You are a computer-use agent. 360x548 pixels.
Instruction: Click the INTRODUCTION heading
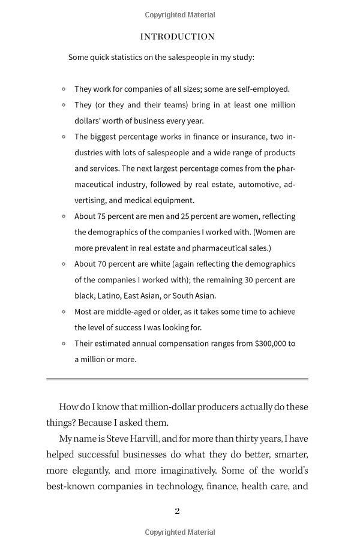coord(177,37)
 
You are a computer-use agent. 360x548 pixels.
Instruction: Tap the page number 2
coord(177,511)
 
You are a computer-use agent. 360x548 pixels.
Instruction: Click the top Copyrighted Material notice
coord(180,15)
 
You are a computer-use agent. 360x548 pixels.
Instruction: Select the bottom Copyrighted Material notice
coord(180,532)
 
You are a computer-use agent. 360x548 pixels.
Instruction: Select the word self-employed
coord(265,89)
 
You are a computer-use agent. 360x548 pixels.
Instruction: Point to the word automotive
coord(256,185)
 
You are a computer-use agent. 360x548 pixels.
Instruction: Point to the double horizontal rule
coord(177,379)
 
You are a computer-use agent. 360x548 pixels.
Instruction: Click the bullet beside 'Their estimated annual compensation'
coord(64,344)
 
